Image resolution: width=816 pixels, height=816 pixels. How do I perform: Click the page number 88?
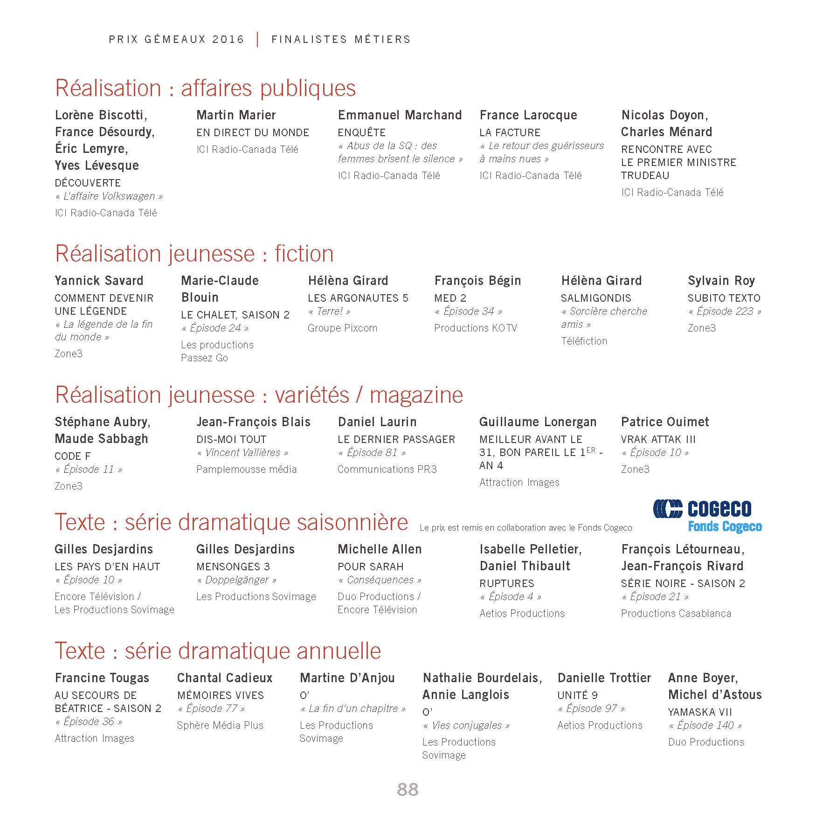tap(408, 789)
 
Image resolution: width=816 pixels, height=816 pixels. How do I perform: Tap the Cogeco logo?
tap(707, 516)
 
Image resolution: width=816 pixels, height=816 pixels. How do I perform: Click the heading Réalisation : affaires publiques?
tap(205, 88)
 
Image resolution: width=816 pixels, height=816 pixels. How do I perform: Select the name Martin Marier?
tap(236, 115)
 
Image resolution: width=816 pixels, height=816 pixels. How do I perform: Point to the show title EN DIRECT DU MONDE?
tap(253, 132)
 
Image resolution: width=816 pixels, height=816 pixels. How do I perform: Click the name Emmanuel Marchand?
tap(400, 115)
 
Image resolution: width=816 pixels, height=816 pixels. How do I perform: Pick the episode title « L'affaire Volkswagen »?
tap(109, 196)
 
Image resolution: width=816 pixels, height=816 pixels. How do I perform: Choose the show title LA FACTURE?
tap(510, 132)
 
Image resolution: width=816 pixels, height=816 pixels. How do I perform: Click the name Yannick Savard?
tap(99, 281)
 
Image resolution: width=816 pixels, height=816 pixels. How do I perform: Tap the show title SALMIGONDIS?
tap(596, 298)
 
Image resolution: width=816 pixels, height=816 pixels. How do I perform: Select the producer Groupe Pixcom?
tap(342, 328)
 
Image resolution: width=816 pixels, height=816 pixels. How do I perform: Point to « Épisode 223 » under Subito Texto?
tap(725, 311)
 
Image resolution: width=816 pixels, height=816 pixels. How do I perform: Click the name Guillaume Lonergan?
tap(538, 422)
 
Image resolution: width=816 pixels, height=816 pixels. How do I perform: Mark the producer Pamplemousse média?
tap(246, 469)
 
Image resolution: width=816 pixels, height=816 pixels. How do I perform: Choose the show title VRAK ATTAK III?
tap(658, 439)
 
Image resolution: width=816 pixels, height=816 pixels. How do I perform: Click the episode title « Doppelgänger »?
tap(236, 580)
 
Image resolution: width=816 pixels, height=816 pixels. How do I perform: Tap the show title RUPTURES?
tap(507, 583)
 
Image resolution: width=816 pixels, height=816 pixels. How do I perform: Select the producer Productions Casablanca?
tap(676, 613)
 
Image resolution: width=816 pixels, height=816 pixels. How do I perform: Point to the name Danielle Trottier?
tap(604, 678)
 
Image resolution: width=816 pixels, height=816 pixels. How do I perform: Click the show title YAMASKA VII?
tap(700, 712)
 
